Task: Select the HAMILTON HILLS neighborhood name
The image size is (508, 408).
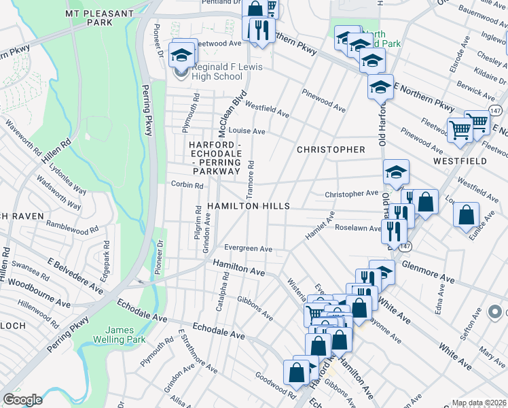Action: [249, 206]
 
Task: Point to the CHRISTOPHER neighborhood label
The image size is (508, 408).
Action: [331, 150]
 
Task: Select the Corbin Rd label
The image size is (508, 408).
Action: [187, 185]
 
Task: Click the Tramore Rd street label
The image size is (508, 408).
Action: [251, 174]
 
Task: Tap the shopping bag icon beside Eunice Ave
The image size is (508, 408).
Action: [467, 214]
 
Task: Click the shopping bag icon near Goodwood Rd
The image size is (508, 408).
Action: [296, 372]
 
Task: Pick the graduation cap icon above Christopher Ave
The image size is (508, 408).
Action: [396, 173]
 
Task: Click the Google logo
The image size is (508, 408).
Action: [23, 400]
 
